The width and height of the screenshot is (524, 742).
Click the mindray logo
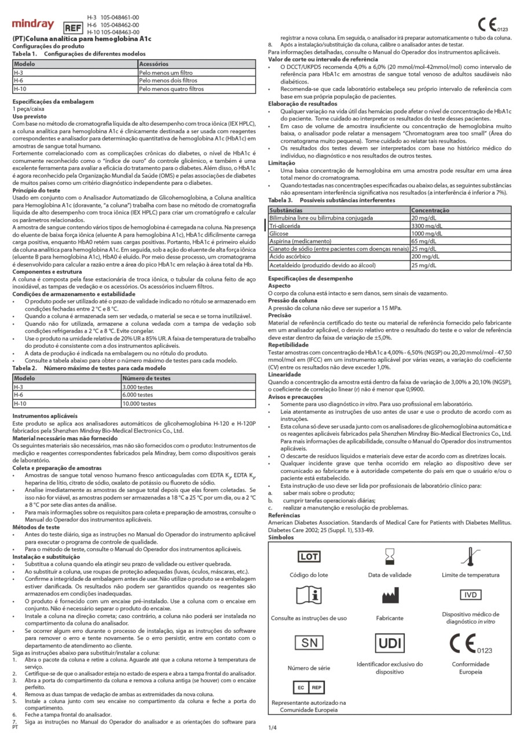click(33, 24)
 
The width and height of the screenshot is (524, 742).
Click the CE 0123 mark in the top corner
click(493, 24)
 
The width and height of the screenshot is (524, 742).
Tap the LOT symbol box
click(310, 556)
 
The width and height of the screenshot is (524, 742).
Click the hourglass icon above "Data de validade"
click(389, 557)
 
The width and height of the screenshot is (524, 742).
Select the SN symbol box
click(310, 643)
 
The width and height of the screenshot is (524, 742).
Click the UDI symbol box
click(389, 643)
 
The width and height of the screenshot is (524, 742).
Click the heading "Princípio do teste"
click(36, 192)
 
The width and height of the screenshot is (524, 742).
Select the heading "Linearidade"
click(285, 374)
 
